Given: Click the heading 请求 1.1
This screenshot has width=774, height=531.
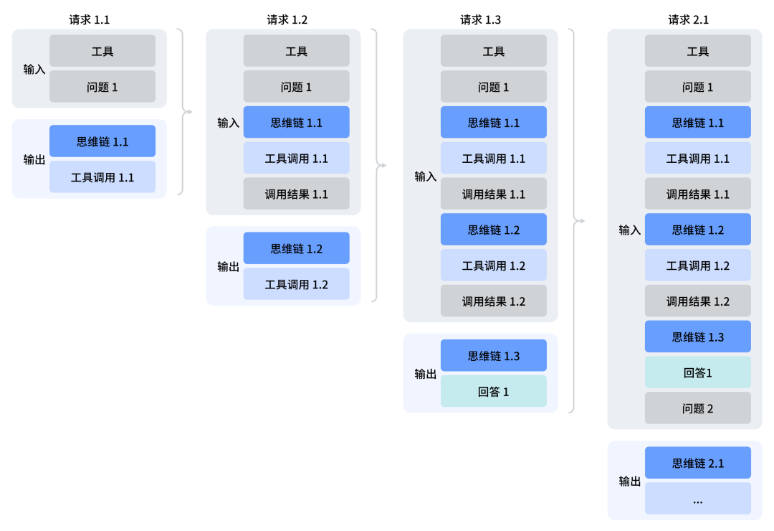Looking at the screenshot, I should pyautogui.click(x=90, y=20).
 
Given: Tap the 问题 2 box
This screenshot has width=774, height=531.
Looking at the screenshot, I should pyautogui.click(x=697, y=408).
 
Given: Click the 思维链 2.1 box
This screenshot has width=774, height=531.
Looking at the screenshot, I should pyautogui.click(x=697, y=464).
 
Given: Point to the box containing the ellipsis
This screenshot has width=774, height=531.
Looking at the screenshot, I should pyautogui.click(x=697, y=499).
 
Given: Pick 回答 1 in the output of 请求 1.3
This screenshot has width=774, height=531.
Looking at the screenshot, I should pyautogui.click(x=493, y=392).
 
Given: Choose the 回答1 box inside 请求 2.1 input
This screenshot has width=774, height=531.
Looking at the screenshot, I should pyautogui.click(x=697, y=373).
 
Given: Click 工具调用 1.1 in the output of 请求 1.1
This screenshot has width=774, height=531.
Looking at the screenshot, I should pyautogui.click(x=102, y=177).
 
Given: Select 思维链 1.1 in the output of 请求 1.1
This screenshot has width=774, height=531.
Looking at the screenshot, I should pyautogui.click(x=102, y=141).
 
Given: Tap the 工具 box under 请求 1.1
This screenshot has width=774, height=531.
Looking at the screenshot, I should pyautogui.click(x=102, y=52).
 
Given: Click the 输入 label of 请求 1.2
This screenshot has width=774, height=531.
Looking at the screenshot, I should pyautogui.click(x=228, y=123).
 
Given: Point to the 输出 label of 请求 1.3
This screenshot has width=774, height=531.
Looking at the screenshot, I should pyautogui.click(x=425, y=374).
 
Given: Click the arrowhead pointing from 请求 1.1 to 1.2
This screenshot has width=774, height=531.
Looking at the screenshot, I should pyautogui.click(x=189, y=112).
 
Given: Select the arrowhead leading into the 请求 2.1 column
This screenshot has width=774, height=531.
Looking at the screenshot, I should pyautogui.click(x=581, y=221).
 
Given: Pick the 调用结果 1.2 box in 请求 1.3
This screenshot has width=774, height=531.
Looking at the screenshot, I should pyautogui.click(x=493, y=301).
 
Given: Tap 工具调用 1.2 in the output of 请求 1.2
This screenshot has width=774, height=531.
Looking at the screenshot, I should pyautogui.click(x=296, y=284).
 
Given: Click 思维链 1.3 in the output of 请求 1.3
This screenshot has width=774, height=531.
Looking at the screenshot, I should pyautogui.click(x=493, y=356).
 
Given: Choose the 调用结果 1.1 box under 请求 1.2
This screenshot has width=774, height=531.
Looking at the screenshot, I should pyautogui.click(x=296, y=194).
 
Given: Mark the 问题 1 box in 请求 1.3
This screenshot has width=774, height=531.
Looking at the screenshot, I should pyautogui.click(x=493, y=88).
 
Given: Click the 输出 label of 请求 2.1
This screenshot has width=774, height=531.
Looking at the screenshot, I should pyautogui.click(x=629, y=481).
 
